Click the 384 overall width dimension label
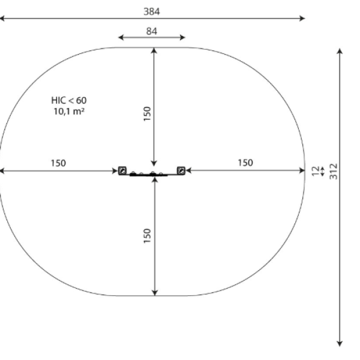point(152,11)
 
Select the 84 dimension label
point(152,31)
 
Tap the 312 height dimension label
point(334,171)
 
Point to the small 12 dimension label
point(316,171)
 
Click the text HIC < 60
point(69,100)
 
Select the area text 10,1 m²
point(69,112)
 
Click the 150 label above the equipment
point(147,113)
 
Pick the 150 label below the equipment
point(147,236)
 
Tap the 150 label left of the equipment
point(58,163)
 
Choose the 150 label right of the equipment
point(245,163)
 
